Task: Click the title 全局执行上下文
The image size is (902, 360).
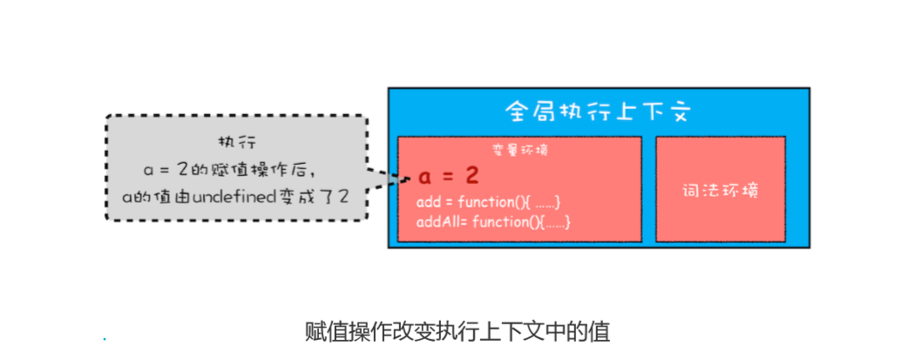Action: (598, 112)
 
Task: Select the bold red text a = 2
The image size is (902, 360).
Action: (448, 176)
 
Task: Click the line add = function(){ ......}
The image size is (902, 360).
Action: (489, 203)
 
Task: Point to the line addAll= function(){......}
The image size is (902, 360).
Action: (494, 222)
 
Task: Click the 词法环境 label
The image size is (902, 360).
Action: (720, 189)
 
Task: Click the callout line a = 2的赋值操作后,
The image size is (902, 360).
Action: (236, 169)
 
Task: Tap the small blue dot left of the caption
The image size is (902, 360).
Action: (104, 338)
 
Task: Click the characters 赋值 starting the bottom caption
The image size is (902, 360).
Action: (318, 331)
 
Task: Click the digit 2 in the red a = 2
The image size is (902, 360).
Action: (471, 176)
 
